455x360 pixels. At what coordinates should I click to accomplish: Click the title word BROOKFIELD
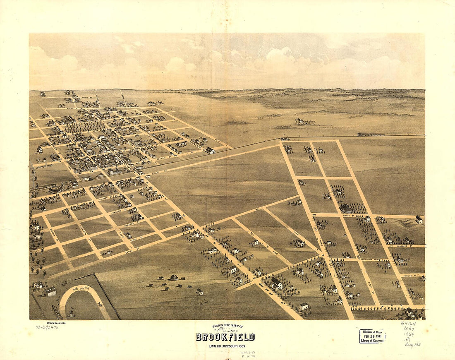(225, 337)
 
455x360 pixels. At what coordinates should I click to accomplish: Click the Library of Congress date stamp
(372, 336)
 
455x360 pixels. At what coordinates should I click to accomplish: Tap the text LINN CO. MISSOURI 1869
(225, 346)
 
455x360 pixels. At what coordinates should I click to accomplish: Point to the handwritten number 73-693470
(46, 327)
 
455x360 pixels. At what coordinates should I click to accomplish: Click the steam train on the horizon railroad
(371, 134)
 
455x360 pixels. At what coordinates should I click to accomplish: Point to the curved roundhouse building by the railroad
(56, 189)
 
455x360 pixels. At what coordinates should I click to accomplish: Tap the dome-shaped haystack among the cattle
(174, 277)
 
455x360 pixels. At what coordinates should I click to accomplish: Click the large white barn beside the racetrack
(50, 291)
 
